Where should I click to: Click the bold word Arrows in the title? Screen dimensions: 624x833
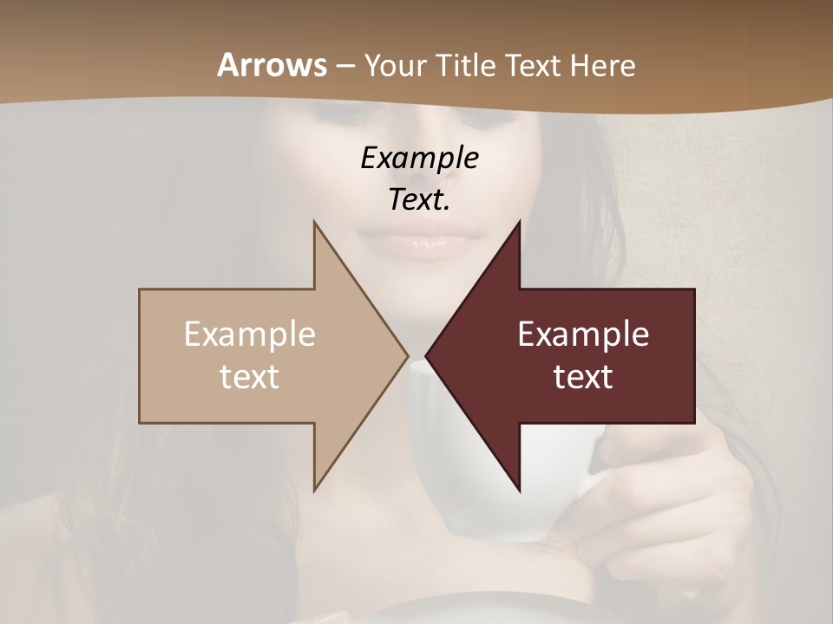coord(272,65)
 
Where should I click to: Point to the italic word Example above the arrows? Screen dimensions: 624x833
coord(420,158)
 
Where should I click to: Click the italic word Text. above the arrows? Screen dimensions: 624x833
coord(420,199)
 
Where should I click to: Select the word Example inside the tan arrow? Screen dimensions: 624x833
coord(250,335)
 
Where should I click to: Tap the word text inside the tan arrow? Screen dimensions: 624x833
coord(250,376)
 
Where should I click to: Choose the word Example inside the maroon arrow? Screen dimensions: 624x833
coord(583,335)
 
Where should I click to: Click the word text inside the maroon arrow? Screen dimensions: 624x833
coord(583,376)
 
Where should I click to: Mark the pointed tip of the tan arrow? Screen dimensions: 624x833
coord(407,355)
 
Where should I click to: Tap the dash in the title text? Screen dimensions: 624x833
coord(344,66)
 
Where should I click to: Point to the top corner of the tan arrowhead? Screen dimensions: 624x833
coord(314,222)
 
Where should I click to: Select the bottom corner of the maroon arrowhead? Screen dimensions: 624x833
coord(520,491)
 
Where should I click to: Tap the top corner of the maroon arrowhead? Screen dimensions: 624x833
coord(520,222)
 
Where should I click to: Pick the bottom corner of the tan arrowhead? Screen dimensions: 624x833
coord(314,491)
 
